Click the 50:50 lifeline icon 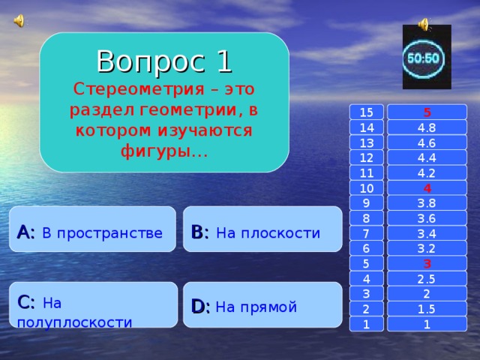(427, 58)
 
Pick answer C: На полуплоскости (93, 311)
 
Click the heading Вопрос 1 (163, 61)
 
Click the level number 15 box (366, 112)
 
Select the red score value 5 (426, 112)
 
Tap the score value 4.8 (426, 127)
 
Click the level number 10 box (366, 187)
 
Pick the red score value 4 (426, 187)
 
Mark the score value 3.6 (426, 218)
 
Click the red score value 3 (426, 263)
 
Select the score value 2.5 (426, 279)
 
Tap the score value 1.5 (426, 309)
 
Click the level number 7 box (366, 233)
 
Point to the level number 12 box (366, 157)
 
